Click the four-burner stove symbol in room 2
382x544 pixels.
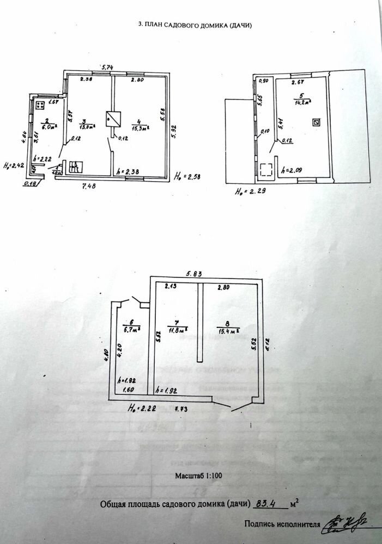[x=40, y=106]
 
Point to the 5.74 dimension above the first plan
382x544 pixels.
[x=107, y=67]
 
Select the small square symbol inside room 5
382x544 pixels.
[x=316, y=122]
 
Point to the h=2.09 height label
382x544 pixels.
[x=292, y=169]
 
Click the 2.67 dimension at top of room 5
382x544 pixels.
[x=297, y=83]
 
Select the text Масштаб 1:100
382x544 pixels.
[x=198, y=475]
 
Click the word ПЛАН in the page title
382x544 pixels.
[x=156, y=25]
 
